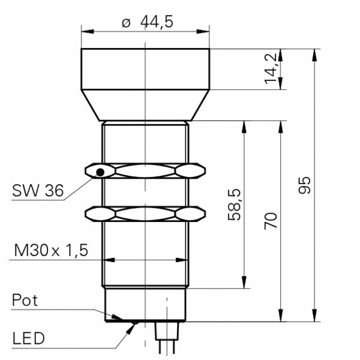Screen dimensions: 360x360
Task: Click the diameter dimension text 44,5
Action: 157,22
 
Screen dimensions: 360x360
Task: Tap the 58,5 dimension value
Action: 235,204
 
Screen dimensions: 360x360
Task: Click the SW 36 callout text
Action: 37,191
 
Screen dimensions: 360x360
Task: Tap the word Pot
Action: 25,300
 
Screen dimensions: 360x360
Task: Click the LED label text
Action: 28,338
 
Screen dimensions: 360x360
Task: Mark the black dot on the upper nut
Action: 101,173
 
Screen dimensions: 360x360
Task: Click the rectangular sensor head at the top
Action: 146,69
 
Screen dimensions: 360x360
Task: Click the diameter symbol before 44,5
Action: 126,23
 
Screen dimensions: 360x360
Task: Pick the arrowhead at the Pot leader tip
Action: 120,318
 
